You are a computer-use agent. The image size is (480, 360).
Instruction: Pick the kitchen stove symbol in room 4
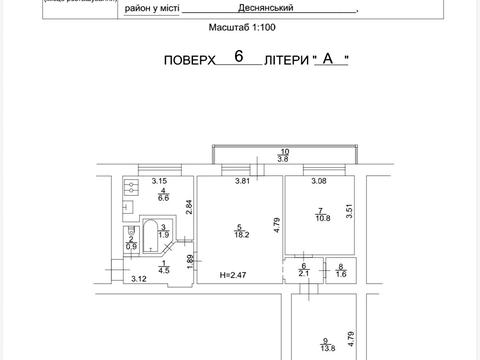[x=129, y=186]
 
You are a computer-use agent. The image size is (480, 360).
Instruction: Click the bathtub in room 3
[x=151, y=236]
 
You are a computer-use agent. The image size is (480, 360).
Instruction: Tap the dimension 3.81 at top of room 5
[x=241, y=181]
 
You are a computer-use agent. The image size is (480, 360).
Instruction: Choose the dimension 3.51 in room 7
[x=350, y=210]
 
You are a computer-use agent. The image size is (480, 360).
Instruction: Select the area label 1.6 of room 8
[x=341, y=273]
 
